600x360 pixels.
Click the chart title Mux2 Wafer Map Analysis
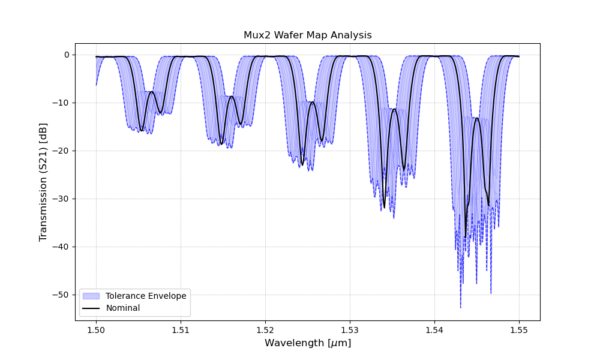coord(307,35)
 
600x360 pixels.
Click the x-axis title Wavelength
coord(307,343)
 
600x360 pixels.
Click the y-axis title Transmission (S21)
coord(43,182)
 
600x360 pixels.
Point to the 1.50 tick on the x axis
coord(96,329)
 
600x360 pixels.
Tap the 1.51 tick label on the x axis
coord(181,329)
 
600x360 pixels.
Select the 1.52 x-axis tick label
coord(265,329)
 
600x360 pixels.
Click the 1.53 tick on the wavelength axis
coord(350,329)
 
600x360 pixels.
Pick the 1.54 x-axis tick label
coord(434,329)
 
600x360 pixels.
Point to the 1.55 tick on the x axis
coord(519,329)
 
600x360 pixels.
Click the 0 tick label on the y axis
coord(67,55)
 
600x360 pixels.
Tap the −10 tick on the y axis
coord(62,103)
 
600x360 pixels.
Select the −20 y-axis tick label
coord(62,151)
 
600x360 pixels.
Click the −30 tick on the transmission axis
coord(62,199)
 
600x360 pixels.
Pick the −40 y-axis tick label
coord(62,247)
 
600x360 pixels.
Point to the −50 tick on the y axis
coord(62,295)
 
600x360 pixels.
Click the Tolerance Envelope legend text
coord(146,296)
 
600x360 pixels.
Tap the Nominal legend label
coord(123,308)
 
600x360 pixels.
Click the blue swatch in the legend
coord(91,296)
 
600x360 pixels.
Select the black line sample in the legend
coord(91,308)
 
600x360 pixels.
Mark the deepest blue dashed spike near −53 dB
coord(461,307)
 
